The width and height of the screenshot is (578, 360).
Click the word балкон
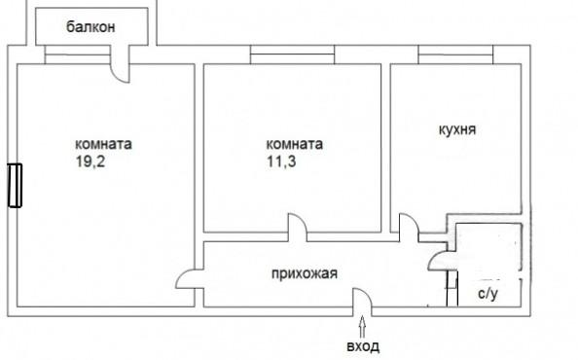(x=91, y=27)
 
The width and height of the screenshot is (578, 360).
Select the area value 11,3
(x=280, y=162)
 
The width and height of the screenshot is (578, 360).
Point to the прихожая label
(x=305, y=272)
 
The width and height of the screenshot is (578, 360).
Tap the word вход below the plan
(x=364, y=347)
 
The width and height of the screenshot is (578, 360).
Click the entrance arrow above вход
(x=364, y=324)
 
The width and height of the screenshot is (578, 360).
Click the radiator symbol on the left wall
(x=15, y=185)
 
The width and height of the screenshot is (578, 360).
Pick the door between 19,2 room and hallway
(x=189, y=283)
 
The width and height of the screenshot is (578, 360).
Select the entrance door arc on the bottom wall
(x=360, y=299)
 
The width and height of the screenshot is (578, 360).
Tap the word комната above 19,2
(x=102, y=144)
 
